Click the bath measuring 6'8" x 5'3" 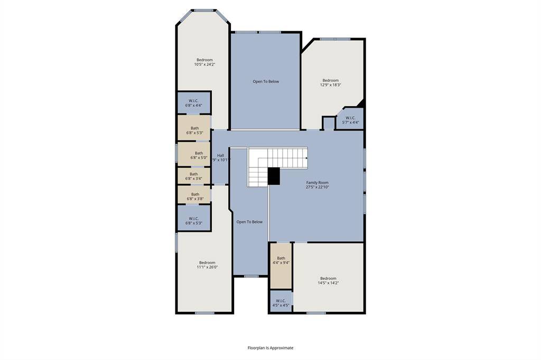pos(194,130)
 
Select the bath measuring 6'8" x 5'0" pos(194,155)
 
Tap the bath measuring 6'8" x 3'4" pos(194,176)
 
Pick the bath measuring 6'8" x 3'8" pos(194,196)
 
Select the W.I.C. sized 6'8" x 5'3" pos(194,220)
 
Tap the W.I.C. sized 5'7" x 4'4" pos(351,120)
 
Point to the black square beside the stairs pos(274,176)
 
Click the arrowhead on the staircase pos(307,157)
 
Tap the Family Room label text pos(318,183)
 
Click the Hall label pos(220,155)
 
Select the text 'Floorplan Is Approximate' pos(270,348)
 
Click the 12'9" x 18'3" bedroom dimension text pos(331,84)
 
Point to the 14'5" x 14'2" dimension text pos(328,283)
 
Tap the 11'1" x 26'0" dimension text pos(207,267)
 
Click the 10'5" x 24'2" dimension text pos(204,64)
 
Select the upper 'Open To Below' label pos(265,81)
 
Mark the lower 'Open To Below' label pos(249,222)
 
